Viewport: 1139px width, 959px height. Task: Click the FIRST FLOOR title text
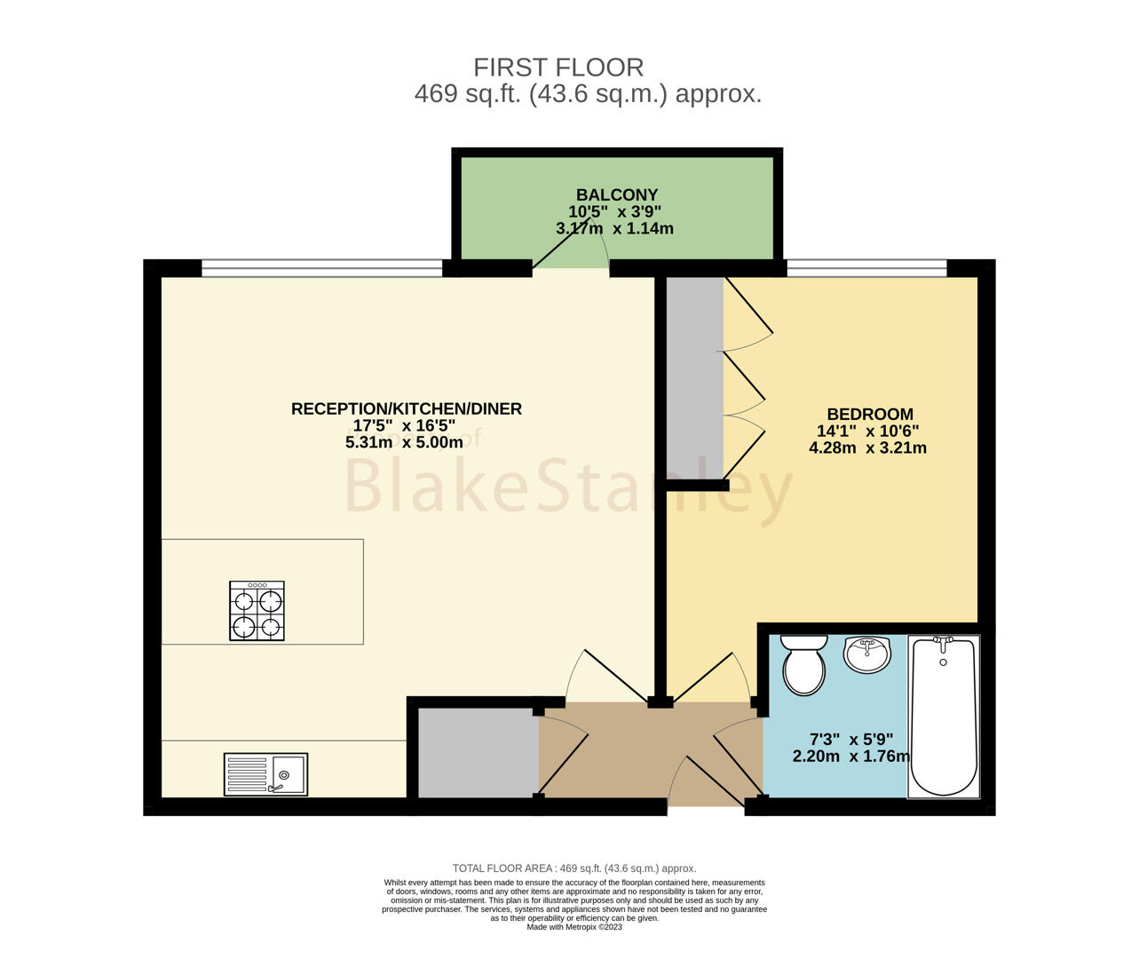click(558, 67)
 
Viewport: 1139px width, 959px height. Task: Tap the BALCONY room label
click(617, 194)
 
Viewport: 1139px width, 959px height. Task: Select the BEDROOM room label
click(870, 414)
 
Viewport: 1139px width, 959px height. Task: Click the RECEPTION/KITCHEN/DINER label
click(407, 408)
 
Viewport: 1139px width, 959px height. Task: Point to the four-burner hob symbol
click(257, 611)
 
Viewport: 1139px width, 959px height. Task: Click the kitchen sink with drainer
click(265, 774)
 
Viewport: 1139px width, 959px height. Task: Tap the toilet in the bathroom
click(803, 664)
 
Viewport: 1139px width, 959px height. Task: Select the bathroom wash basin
click(866, 654)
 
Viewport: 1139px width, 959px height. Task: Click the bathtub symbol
click(943, 717)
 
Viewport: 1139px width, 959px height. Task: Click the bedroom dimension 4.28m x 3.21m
click(867, 448)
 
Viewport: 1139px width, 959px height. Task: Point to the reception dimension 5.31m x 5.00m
click(404, 442)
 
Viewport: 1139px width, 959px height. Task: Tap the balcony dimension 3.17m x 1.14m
click(615, 228)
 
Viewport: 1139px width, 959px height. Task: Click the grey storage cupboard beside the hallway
click(479, 753)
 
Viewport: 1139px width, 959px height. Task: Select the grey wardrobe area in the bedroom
click(695, 377)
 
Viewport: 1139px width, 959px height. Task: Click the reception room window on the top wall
click(322, 268)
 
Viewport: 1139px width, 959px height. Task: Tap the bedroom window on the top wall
click(866, 268)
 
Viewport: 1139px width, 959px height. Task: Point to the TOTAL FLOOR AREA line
click(574, 868)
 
